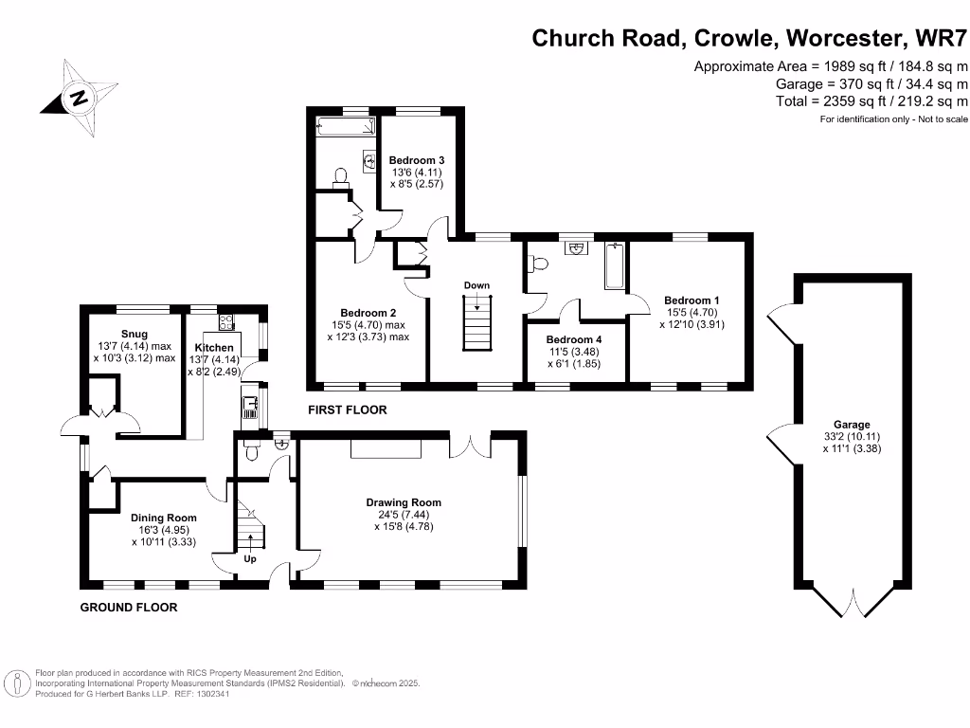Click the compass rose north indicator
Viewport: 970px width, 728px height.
(x=78, y=97)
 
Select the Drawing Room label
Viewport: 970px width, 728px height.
(x=404, y=502)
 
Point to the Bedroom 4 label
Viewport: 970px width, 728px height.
(x=573, y=339)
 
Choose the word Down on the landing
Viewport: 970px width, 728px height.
(x=476, y=285)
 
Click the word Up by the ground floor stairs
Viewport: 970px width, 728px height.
(x=250, y=559)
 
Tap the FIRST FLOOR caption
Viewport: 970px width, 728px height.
(x=348, y=410)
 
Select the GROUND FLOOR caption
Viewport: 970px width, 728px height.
(x=128, y=607)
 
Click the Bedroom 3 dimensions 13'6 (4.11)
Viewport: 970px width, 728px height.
(x=417, y=173)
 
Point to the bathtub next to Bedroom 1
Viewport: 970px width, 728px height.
(x=614, y=265)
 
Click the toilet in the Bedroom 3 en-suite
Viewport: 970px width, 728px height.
(x=341, y=176)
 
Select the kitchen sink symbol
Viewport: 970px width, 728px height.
(x=251, y=409)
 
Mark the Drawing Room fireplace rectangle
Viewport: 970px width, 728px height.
(x=385, y=449)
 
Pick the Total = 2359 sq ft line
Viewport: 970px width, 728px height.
(x=871, y=100)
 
